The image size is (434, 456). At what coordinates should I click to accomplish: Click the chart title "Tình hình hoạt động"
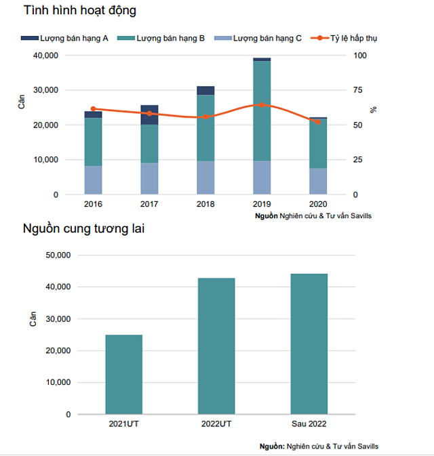coord(79,10)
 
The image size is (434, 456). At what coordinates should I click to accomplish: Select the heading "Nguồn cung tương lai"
coord(83,228)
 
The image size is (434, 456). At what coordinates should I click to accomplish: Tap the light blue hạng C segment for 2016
coord(93,180)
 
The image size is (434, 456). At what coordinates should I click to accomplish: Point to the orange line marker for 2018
coord(205,117)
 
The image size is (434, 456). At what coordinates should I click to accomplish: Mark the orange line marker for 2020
coord(318,122)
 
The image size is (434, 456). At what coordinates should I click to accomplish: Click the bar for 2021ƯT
coord(124,374)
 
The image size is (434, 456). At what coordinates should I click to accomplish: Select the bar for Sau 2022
coord(309,344)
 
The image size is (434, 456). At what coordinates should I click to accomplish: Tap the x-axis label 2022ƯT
coord(216,424)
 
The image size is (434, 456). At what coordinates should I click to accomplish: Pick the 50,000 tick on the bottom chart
coord(56,255)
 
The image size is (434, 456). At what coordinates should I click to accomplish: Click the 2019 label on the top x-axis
coord(262,204)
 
